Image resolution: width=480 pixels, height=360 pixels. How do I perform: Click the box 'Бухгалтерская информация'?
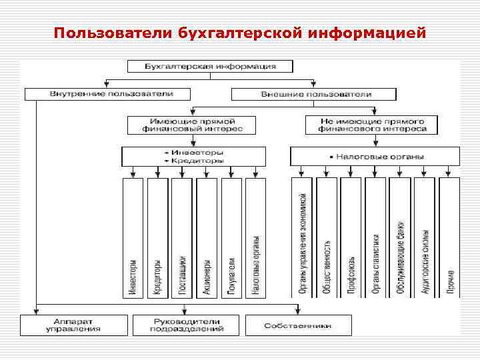click(x=210, y=66)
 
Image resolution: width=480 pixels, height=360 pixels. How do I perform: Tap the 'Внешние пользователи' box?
click(x=315, y=93)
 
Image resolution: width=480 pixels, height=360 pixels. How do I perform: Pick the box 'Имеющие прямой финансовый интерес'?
click(x=192, y=125)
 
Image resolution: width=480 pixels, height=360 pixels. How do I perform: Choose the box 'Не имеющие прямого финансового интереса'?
click(x=373, y=125)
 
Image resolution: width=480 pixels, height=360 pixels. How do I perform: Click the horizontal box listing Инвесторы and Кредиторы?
click(x=193, y=156)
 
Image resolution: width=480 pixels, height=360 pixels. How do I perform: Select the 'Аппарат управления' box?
click(x=73, y=325)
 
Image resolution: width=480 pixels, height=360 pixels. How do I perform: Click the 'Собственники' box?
click(x=298, y=325)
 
